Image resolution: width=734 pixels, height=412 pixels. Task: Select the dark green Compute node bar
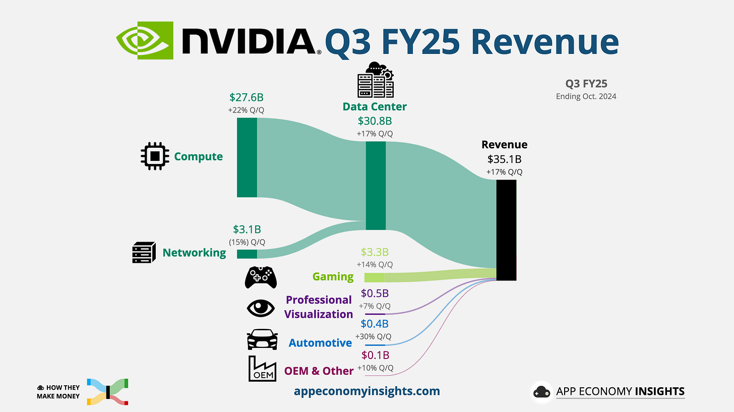[x=247, y=157]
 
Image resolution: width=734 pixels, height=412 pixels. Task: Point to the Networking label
[x=194, y=253]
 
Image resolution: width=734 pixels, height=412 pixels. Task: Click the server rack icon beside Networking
[x=142, y=253]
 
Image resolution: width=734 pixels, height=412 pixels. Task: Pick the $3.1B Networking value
[x=247, y=229]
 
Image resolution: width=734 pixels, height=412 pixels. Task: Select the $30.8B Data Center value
[x=375, y=121]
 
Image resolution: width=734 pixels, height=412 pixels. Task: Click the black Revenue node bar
[x=506, y=230]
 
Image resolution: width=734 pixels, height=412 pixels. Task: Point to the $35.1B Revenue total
[x=504, y=159]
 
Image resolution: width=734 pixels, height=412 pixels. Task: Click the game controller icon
[x=261, y=277]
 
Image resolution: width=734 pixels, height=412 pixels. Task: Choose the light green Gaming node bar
[x=374, y=277]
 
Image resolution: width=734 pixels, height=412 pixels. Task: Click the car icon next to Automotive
[x=262, y=340]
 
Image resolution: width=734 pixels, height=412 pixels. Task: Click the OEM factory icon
[x=262, y=369]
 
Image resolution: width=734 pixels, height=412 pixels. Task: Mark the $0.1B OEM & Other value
[x=375, y=356]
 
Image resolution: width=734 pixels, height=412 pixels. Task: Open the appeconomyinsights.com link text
[x=374, y=391]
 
